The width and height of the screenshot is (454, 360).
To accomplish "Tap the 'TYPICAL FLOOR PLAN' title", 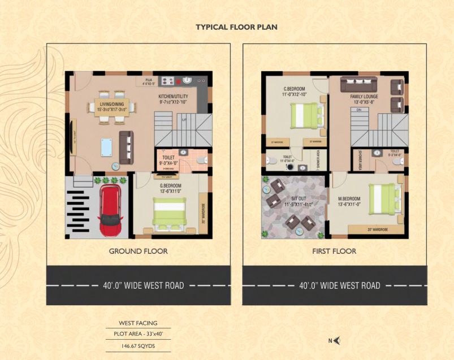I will click(x=236, y=27).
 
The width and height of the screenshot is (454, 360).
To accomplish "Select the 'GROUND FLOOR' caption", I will click(x=138, y=251).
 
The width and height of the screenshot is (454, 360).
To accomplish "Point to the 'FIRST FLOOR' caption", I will click(x=334, y=251).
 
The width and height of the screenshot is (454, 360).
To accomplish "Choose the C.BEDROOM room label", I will click(x=295, y=89).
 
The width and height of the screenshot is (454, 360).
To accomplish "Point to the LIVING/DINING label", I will click(x=112, y=104).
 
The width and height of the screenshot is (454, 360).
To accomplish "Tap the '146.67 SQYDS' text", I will click(x=138, y=344).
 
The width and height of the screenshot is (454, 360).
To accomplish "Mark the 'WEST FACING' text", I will click(x=138, y=323).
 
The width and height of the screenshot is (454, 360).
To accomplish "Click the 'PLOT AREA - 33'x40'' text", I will click(x=138, y=333).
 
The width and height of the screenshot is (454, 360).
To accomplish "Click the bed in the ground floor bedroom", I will click(x=169, y=214).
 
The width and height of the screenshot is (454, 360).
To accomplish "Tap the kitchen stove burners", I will click(x=168, y=80).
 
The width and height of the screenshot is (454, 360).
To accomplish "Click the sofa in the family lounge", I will click(x=358, y=85).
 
